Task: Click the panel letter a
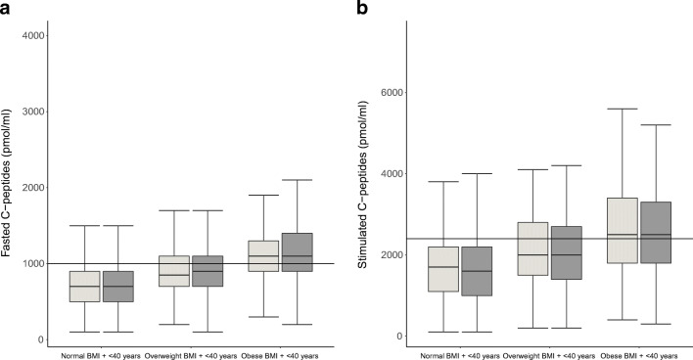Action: click(x=7, y=8)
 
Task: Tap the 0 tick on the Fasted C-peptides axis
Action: click(x=39, y=339)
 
